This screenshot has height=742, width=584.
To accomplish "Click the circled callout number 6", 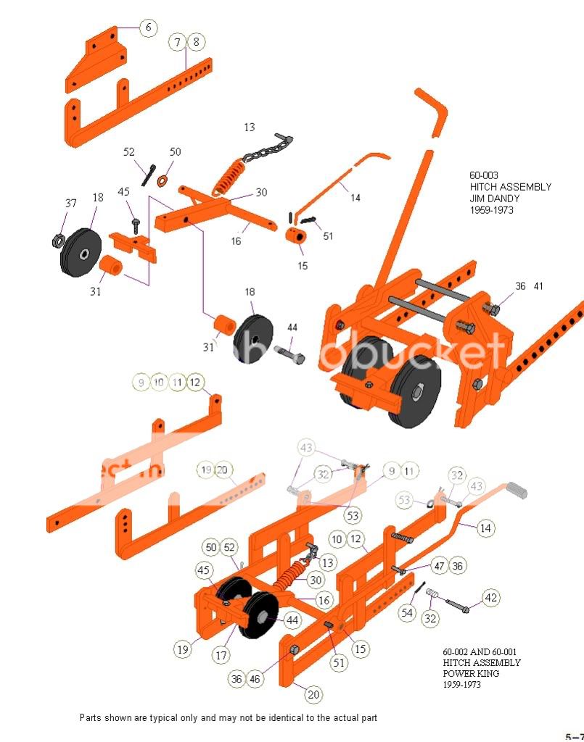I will point(148,28).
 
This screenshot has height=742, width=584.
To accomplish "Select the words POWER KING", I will point(472,673).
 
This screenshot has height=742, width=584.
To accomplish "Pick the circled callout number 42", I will point(491,598).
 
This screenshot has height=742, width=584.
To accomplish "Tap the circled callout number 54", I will point(408,613).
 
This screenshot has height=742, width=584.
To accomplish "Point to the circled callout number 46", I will point(254,679).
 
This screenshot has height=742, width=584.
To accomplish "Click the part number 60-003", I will point(484,175).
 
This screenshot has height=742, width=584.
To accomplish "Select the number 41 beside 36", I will point(538,286).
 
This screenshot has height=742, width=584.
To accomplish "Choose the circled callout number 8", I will point(195,42).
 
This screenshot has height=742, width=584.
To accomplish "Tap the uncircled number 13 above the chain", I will point(250,128).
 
